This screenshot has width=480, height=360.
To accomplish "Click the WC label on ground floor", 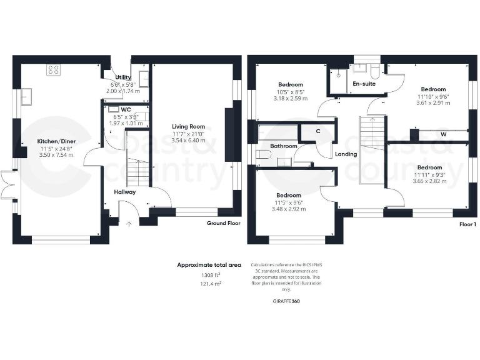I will [126, 109].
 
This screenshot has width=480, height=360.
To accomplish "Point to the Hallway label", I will [125, 192].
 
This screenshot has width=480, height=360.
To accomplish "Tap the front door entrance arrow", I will [129, 224].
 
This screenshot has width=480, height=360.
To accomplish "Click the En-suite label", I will [364, 84].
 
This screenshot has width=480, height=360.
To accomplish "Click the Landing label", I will [346, 154].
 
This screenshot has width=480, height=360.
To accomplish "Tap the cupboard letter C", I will [318, 131].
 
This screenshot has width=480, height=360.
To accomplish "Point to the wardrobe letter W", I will [443, 134].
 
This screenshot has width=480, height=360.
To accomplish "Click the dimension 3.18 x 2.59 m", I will [291, 98].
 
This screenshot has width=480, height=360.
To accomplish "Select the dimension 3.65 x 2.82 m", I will [430, 182].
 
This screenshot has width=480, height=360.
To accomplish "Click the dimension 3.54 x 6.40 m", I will [189, 141].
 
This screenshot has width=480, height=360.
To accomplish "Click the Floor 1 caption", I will [467, 223].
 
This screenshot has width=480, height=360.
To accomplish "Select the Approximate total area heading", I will [209, 265].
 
